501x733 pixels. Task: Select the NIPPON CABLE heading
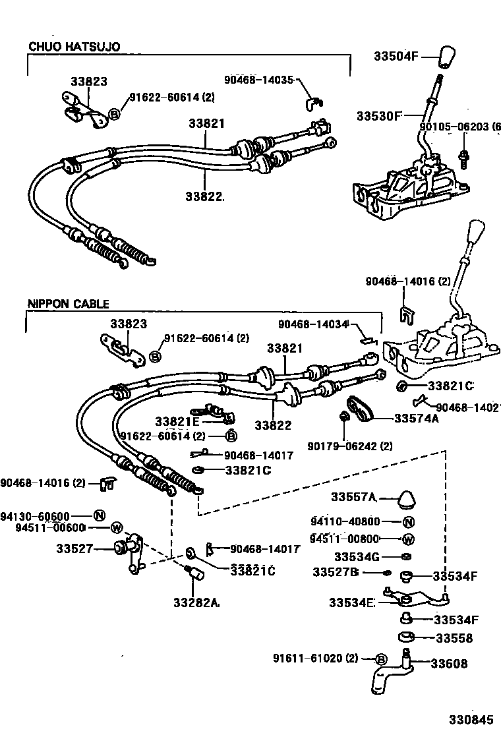click(68, 304)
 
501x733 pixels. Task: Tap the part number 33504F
click(397, 57)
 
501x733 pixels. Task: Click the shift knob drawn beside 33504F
click(447, 59)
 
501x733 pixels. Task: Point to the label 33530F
click(379, 115)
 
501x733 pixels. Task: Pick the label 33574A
click(417, 418)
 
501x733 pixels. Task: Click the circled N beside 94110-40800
click(407, 522)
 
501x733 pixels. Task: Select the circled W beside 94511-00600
click(116, 527)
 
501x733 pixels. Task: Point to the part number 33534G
click(357, 557)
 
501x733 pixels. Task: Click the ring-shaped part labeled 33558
click(405, 638)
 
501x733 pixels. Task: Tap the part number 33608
click(450, 664)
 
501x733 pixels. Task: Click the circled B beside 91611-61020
click(380, 659)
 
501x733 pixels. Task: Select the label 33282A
click(196, 602)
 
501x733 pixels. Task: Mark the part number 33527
click(75, 548)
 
